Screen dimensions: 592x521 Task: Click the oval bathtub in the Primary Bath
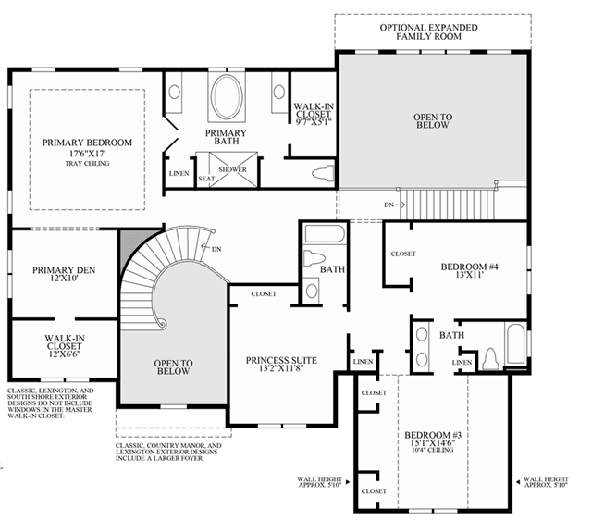coord(227,97)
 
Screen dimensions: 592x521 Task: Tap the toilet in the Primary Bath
coord(323,173)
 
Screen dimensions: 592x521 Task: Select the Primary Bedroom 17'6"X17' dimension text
coord(87,154)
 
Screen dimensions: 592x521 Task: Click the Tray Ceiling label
coord(87,164)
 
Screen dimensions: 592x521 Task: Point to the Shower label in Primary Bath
coord(232,169)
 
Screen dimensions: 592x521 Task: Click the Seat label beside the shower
coord(206,179)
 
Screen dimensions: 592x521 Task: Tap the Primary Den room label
coord(64,270)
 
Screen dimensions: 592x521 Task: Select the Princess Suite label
coord(281,360)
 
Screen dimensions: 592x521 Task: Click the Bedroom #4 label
coord(469,267)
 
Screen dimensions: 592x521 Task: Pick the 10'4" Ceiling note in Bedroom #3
coord(433,450)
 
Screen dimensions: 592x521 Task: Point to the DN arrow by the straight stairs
coord(400,205)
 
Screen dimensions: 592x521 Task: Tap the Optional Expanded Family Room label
coord(429,32)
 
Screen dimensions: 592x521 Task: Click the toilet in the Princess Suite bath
coord(314,258)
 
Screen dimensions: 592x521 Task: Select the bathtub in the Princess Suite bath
coord(325,234)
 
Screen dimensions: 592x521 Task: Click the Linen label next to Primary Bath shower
coord(179,173)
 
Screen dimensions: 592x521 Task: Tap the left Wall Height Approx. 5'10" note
coord(320,482)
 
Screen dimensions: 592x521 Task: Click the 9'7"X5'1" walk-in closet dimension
coord(314,121)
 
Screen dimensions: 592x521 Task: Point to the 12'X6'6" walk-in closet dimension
coord(65,354)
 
